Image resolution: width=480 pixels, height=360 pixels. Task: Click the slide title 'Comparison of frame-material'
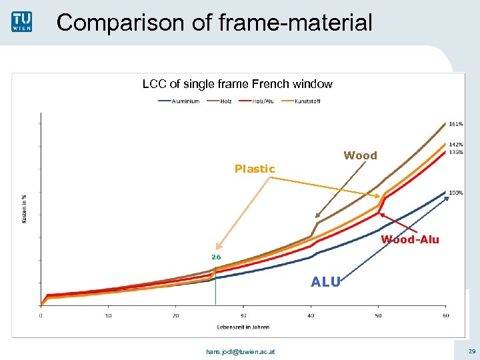tap(215, 23)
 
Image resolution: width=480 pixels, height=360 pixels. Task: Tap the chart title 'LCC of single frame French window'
tap(237, 84)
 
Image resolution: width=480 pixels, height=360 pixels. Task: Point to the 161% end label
tap(456, 124)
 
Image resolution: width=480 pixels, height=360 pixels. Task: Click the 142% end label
tap(456, 145)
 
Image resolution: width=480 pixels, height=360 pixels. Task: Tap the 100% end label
tap(456, 193)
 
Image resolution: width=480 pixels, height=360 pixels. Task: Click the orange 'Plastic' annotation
tap(255, 169)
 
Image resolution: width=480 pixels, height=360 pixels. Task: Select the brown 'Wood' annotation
tap(360, 155)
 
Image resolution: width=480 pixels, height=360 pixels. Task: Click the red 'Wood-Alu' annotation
tap(410, 240)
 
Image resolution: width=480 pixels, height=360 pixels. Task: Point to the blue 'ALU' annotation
tap(326, 282)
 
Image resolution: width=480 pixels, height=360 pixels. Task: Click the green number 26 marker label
tap(216, 257)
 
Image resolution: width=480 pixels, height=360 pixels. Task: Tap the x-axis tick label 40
tap(311, 316)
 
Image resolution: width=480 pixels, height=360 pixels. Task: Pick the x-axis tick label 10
tap(108, 316)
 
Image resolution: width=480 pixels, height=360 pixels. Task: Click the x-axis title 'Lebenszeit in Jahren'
tap(243, 327)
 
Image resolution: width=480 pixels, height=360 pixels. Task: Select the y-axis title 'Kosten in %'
tap(25, 209)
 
